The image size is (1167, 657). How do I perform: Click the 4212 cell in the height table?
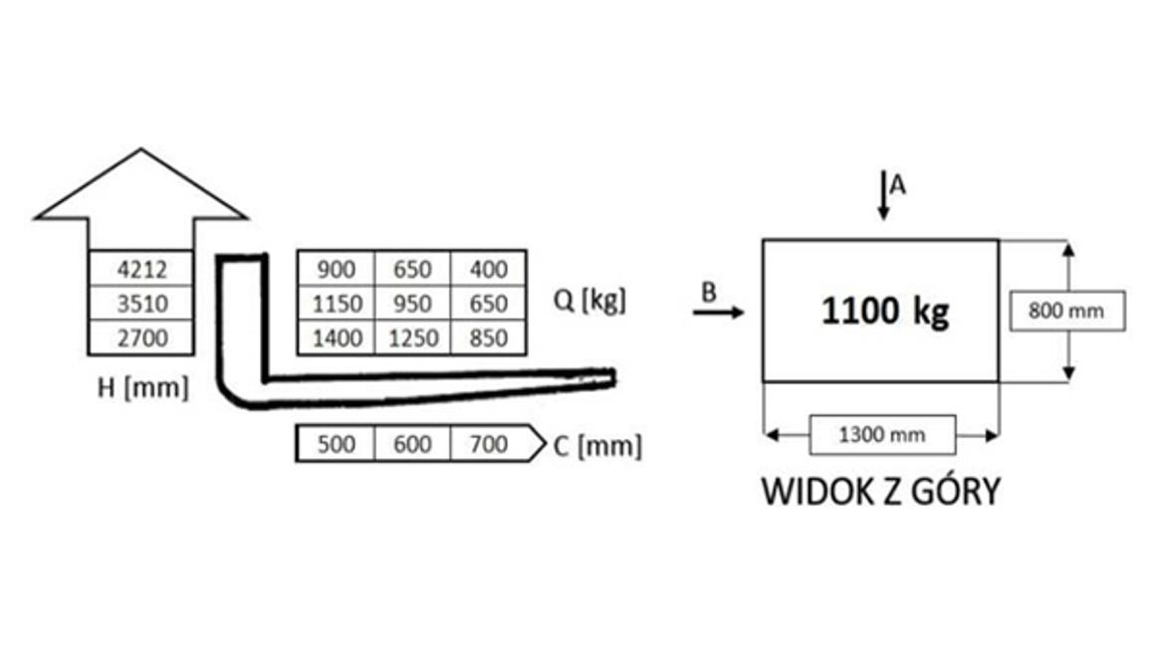point(141,269)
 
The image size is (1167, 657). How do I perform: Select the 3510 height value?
point(141,303)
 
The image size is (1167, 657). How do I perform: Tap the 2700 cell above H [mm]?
point(141,337)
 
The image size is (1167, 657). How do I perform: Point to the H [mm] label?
point(143,387)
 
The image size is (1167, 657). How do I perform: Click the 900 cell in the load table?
point(336,269)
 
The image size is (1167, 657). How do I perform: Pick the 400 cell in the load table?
point(488,269)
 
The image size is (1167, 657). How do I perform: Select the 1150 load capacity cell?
point(336,303)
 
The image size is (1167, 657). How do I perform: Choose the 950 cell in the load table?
point(412,303)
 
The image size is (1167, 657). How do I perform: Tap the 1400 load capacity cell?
point(336,337)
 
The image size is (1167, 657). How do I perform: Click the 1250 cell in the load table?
point(412,337)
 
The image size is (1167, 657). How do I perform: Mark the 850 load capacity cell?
point(488,337)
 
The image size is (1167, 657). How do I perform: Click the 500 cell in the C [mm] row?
point(336,444)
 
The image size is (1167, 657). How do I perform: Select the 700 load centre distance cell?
point(490,444)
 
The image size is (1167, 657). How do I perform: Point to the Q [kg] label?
point(589,300)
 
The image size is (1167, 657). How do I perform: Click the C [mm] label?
point(596,446)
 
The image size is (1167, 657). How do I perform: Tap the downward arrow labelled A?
point(883,195)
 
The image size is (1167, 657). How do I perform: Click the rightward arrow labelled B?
point(718,312)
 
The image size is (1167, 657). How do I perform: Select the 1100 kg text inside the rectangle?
point(885,311)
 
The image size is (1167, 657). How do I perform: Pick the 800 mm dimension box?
point(1067,311)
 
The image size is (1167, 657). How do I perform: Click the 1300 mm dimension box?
point(882,435)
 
